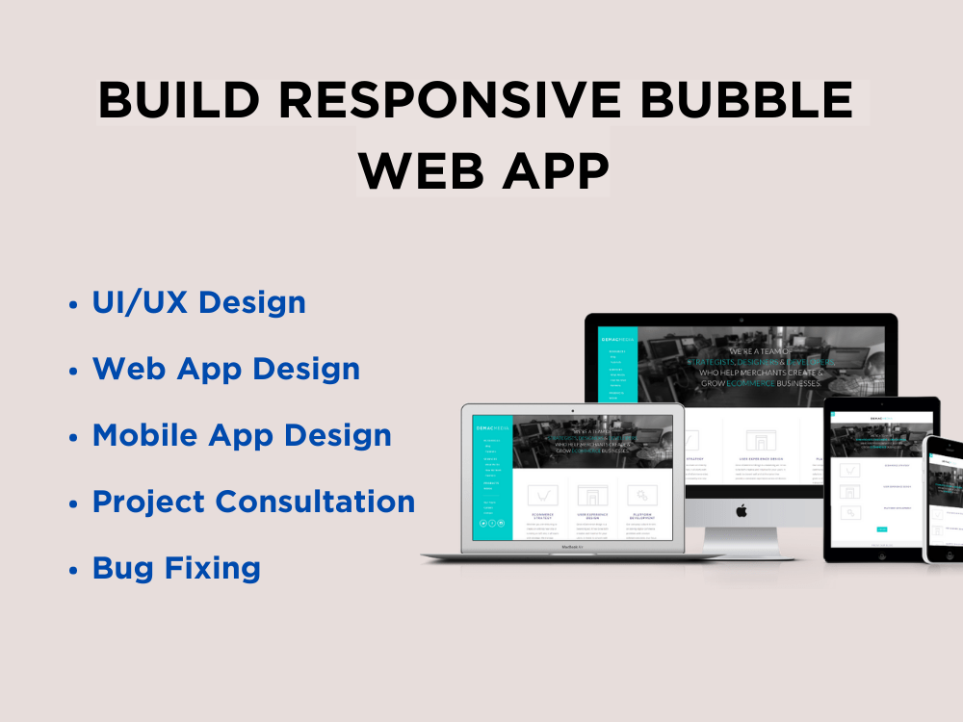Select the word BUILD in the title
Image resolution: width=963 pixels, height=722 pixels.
[x=179, y=101]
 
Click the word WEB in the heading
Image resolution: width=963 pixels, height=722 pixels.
[x=420, y=171]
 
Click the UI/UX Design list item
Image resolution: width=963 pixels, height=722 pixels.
[x=198, y=302]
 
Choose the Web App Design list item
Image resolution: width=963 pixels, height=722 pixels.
[x=225, y=369]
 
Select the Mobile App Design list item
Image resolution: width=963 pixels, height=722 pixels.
[x=241, y=435]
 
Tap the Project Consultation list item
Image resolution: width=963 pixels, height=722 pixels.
[x=253, y=502]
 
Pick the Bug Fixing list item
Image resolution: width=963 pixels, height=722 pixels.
[x=176, y=568]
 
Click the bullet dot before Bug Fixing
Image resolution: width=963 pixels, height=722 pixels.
[x=73, y=570]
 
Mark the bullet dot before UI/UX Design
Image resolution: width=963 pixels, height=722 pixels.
[x=73, y=304]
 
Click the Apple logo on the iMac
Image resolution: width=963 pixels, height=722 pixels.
[x=742, y=510]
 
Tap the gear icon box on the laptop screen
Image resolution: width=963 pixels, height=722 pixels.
[x=640, y=495]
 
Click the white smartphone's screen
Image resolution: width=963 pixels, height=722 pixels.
[x=946, y=501]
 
